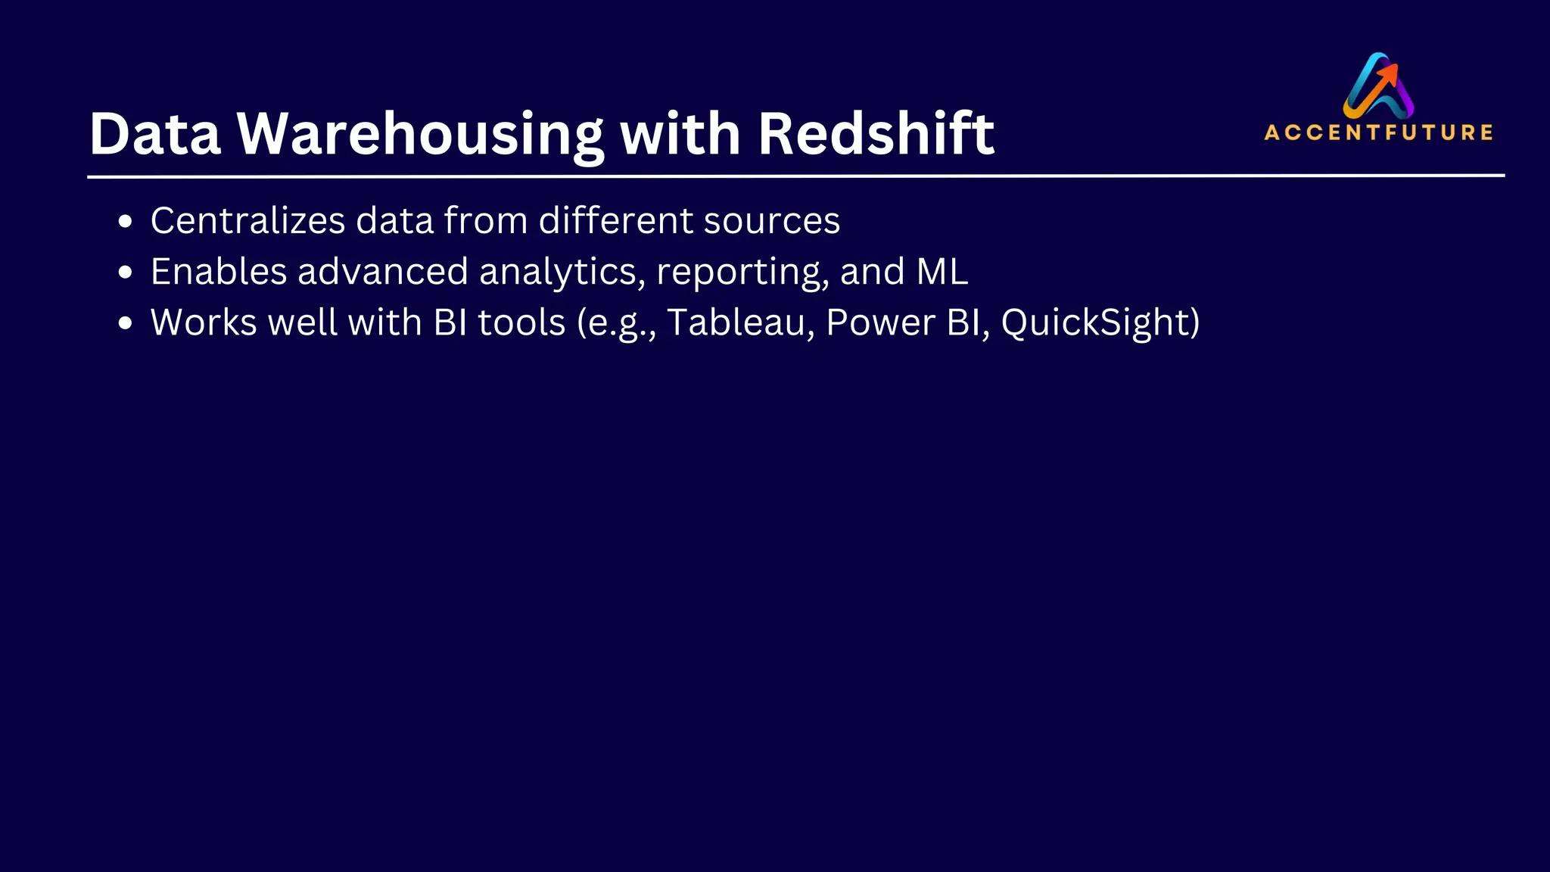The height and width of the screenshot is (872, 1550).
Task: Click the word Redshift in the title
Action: click(x=876, y=134)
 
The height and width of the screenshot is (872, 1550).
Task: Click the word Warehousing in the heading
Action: click(x=420, y=134)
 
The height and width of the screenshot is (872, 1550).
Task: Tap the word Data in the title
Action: click(x=154, y=134)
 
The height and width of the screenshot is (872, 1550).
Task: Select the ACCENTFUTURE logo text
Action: click(x=1378, y=132)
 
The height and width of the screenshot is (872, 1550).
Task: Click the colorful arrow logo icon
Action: click(x=1378, y=85)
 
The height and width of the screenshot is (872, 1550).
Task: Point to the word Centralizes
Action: click(x=247, y=221)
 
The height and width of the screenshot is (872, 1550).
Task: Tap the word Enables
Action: click(x=218, y=272)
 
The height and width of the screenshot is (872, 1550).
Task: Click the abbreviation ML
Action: click(x=942, y=272)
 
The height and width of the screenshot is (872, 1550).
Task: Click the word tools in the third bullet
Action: click(x=521, y=322)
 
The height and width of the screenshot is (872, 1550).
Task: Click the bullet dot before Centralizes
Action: click(x=126, y=223)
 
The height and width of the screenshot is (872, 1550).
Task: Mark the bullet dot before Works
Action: click(x=126, y=324)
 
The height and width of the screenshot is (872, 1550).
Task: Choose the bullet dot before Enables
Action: click(x=126, y=273)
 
